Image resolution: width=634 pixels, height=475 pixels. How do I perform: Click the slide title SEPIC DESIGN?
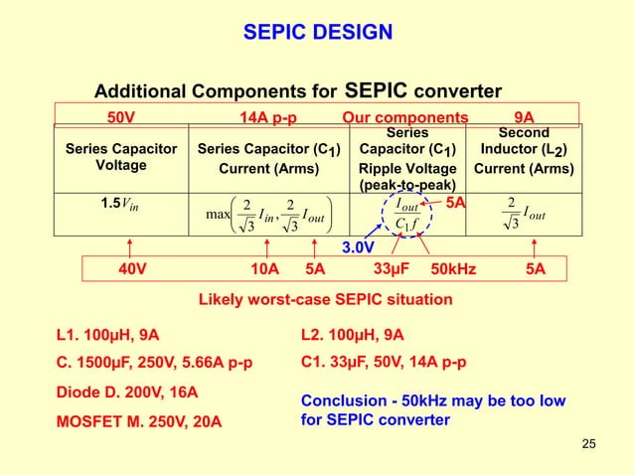click(317, 35)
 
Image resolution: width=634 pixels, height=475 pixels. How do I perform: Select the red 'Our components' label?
click(404, 117)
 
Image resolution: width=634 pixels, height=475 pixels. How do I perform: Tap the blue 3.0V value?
click(358, 246)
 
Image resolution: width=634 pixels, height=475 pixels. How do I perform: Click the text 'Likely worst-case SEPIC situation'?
click(316, 299)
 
